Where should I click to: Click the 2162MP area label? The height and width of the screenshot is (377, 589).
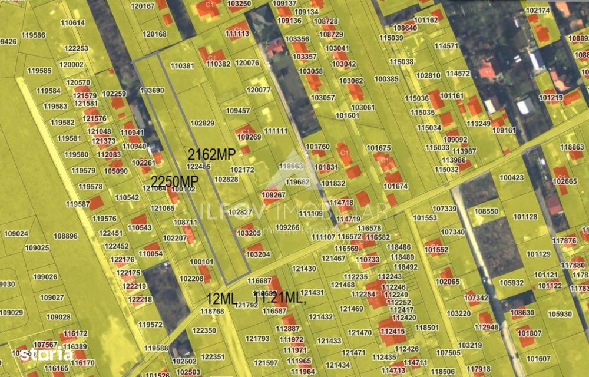point(211,155)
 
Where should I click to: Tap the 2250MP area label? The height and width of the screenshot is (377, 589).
point(174,180)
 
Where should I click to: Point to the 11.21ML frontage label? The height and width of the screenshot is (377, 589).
point(280,298)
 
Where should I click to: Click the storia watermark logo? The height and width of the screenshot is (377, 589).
point(46,354)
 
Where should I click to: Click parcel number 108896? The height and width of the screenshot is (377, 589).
point(65,236)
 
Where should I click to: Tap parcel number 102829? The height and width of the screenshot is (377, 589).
point(203,123)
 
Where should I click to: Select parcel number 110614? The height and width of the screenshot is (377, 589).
point(72,23)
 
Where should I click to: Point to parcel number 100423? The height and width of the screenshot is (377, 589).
point(511,177)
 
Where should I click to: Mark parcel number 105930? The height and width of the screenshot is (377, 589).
point(560,314)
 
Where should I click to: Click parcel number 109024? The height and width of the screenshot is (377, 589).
point(16,233)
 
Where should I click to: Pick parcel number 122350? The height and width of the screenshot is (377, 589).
point(204,330)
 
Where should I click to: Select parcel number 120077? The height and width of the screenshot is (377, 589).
point(259,90)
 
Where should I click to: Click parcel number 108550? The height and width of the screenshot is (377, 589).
point(486,211)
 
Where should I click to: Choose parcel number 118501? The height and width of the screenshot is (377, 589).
point(426,328)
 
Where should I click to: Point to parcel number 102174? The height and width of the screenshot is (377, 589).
point(537,11)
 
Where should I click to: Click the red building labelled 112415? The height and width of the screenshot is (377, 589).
point(392,330)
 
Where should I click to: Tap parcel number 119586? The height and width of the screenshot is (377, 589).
point(33,35)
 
